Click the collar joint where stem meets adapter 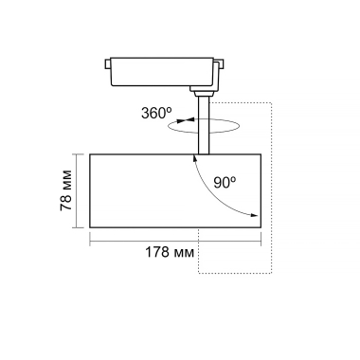(x=203, y=92)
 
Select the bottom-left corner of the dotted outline (x=198, y=275)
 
